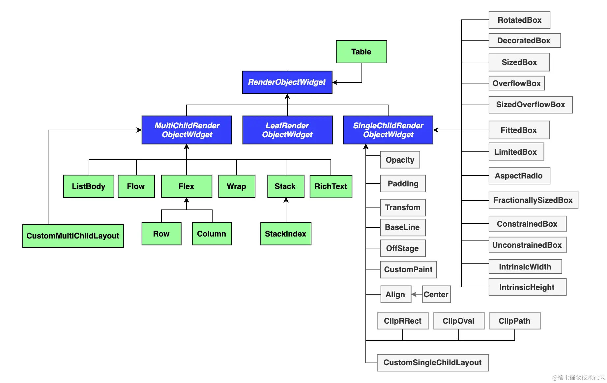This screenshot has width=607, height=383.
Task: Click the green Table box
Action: [x=361, y=52]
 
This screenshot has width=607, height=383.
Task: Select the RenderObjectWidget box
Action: [x=287, y=82]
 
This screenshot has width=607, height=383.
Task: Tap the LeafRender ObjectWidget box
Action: [x=287, y=130]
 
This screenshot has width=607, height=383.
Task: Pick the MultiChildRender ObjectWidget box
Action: [x=187, y=130]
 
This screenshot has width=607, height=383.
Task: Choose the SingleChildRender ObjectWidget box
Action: [x=388, y=130]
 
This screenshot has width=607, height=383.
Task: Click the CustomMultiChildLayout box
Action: [x=73, y=236]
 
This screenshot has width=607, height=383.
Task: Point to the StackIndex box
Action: [x=286, y=234]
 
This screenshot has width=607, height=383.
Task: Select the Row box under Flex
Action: [x=161, y=234]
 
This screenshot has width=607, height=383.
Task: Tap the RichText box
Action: [x=331, y=186]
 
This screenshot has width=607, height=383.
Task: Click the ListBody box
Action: [x=89, y=186]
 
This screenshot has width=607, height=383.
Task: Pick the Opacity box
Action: [x=400, y=160]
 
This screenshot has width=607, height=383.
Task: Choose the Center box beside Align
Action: [x=436, y=294]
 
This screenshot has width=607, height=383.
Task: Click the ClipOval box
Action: [x=459, y=321]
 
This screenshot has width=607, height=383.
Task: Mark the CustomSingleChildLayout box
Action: [x=433, y=363]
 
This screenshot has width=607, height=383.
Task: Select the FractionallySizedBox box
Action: [x=533, y=200]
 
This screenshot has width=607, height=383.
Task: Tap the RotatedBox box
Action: [x=519, y=20]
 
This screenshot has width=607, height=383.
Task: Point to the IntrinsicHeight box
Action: [x=527, y=287]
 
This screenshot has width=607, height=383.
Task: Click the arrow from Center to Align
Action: [x=417, y=294]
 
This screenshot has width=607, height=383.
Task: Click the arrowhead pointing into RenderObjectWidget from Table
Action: [x=335, y=82]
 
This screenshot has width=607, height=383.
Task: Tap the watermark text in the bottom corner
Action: [x=578, y=377]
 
